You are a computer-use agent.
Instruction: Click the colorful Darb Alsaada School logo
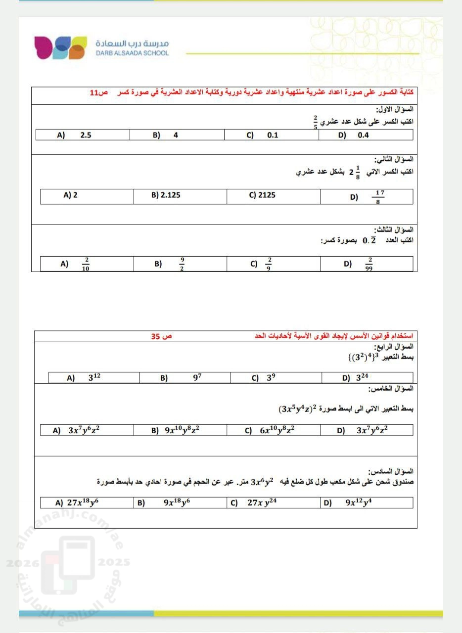[60, 47]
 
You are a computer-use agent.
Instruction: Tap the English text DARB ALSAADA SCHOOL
[133, 53]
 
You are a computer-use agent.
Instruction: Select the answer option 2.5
[86, 135]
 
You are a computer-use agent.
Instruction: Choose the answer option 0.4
[363, 135]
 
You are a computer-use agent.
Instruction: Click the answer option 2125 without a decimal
[267, 195]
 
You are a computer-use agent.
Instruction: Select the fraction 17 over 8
[378, 197]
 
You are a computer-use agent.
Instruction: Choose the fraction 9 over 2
[182, 264]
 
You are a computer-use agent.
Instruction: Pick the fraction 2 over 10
[86, 264]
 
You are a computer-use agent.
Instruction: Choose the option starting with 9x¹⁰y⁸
[182, 430]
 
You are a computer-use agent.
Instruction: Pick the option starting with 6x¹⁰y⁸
[277, 430]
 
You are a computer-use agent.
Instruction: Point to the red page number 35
[161, 336]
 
